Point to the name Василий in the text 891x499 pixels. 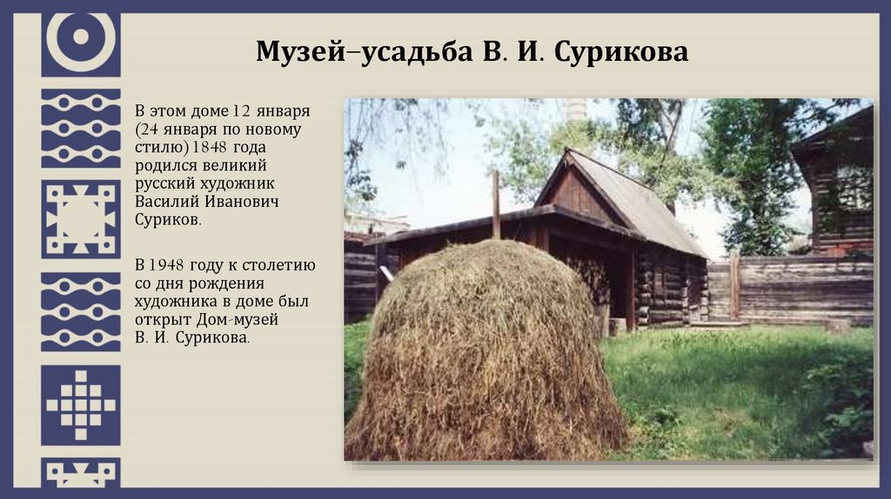click(168, 202)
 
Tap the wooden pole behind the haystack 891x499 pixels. click(496, 203)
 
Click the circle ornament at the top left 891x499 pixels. click(80, 39)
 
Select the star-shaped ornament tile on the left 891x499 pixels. click(80, 219)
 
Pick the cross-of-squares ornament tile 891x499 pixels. click(80, 405)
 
